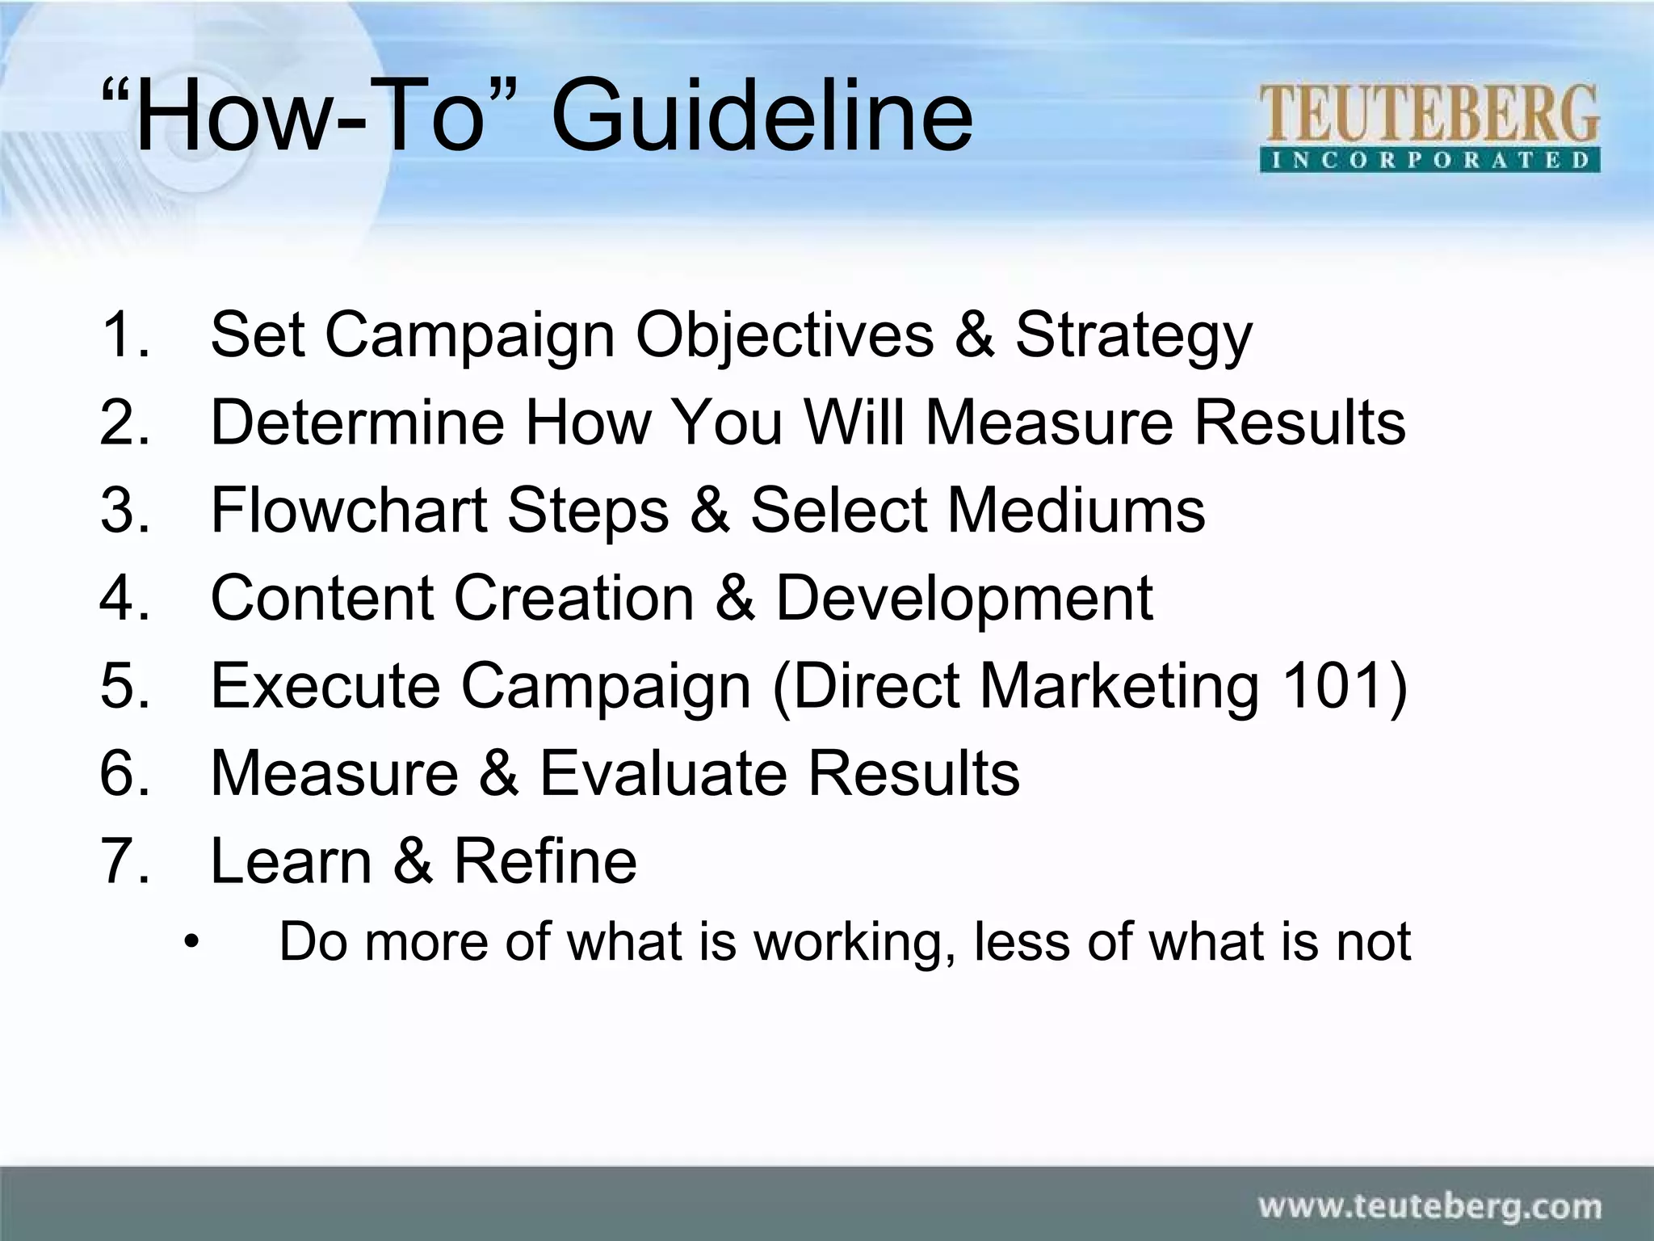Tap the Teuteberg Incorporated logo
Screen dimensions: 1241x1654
click(1429, 128)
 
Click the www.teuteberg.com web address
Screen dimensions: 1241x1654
click(1429, 1207)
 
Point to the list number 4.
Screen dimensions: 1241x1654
click(124, 598)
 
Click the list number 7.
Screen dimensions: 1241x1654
click(124, 861)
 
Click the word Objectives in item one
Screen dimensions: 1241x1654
click(784, 335)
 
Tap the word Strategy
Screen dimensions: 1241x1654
click(1133, 335)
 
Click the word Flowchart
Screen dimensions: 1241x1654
click(349, 510)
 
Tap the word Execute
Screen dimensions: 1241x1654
click(325, 685)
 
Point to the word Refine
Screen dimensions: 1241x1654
click(545, 861)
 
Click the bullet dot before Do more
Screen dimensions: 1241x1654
click(191, 942)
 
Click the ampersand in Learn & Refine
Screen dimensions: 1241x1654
click(413, 861)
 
